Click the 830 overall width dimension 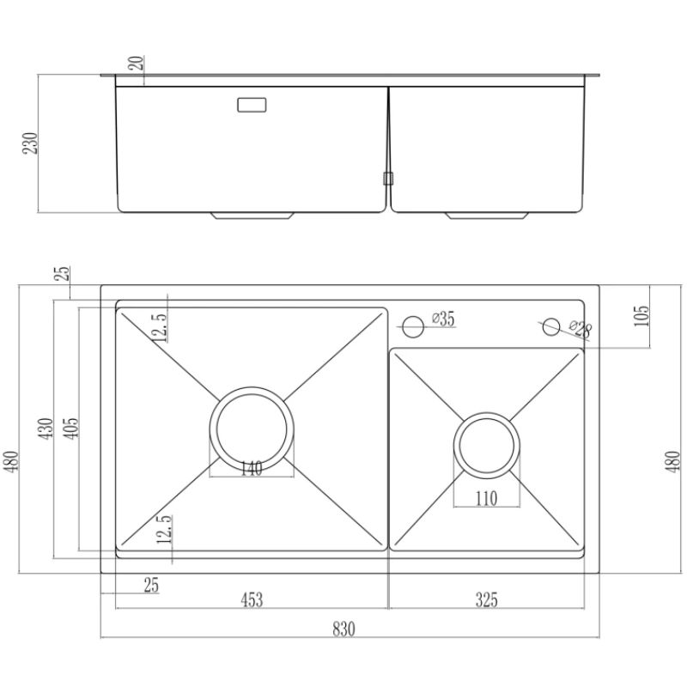pos(343,629)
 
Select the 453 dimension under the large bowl pos(252,599)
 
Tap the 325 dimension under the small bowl pos(486,599)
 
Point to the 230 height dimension pos(31,143)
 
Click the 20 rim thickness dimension pos(137,64)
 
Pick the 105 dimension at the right pos(641,316)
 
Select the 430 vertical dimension pos(46,429)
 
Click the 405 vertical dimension pos(70,429)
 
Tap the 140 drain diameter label pos(252,469)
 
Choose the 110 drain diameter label pos(486,499)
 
